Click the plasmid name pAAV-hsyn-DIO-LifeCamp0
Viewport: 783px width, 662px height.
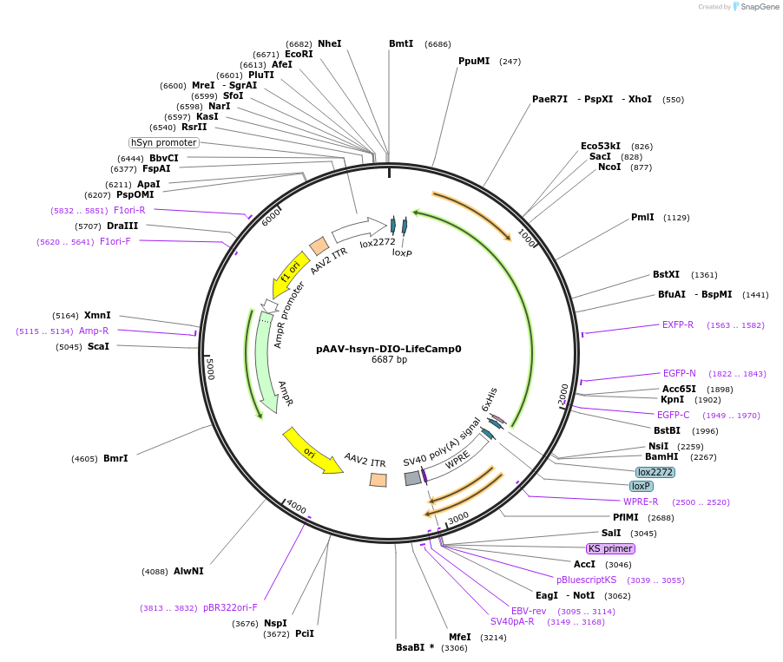(388, 349)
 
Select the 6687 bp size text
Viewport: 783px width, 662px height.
(388, 359)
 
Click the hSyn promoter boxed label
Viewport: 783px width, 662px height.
(164, 142)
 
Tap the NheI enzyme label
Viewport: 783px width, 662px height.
(329, 43)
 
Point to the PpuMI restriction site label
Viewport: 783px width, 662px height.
(474, 61)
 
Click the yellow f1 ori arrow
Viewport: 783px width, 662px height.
(289, 272)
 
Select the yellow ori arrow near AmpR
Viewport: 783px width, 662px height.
(311, 449)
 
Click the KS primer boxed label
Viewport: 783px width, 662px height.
(611, 548)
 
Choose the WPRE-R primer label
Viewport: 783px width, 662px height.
(641, 501)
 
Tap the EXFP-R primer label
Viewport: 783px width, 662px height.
(678, 324)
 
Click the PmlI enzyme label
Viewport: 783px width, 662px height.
(642, 217)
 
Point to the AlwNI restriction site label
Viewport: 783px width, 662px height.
(188, 571)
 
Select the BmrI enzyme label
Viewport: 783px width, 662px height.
(115, 458)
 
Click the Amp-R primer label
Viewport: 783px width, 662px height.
(94, 331)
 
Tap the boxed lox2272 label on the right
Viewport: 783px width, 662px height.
(655, 472)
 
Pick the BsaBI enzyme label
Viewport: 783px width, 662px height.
(414, 647)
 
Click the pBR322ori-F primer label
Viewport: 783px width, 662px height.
(230, 607)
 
